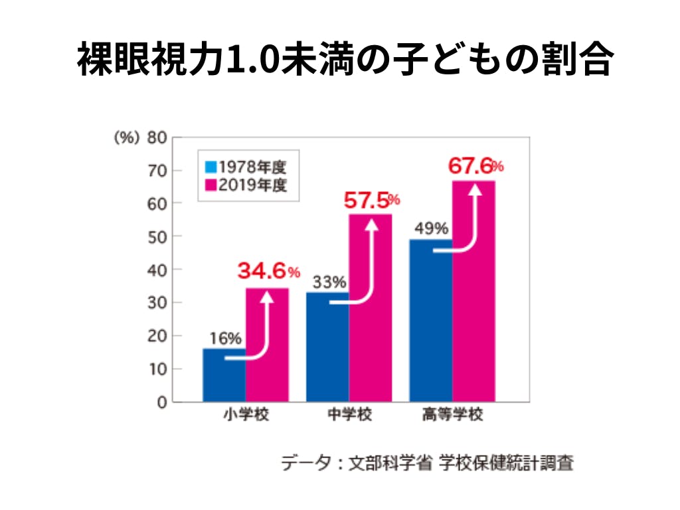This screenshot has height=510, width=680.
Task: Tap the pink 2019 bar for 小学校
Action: (x=267, y=345)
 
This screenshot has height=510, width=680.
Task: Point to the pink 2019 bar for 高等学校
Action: (x=473, y=292)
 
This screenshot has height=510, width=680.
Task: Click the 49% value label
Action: (x=430, y=229)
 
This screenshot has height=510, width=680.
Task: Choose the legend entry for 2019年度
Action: (x=246, y=185)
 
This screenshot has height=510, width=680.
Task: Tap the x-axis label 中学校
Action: (x=350, y=417)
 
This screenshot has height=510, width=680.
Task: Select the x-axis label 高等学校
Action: (x=453, y=417)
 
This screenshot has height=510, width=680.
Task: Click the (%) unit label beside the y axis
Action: (x=126, y=137)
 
